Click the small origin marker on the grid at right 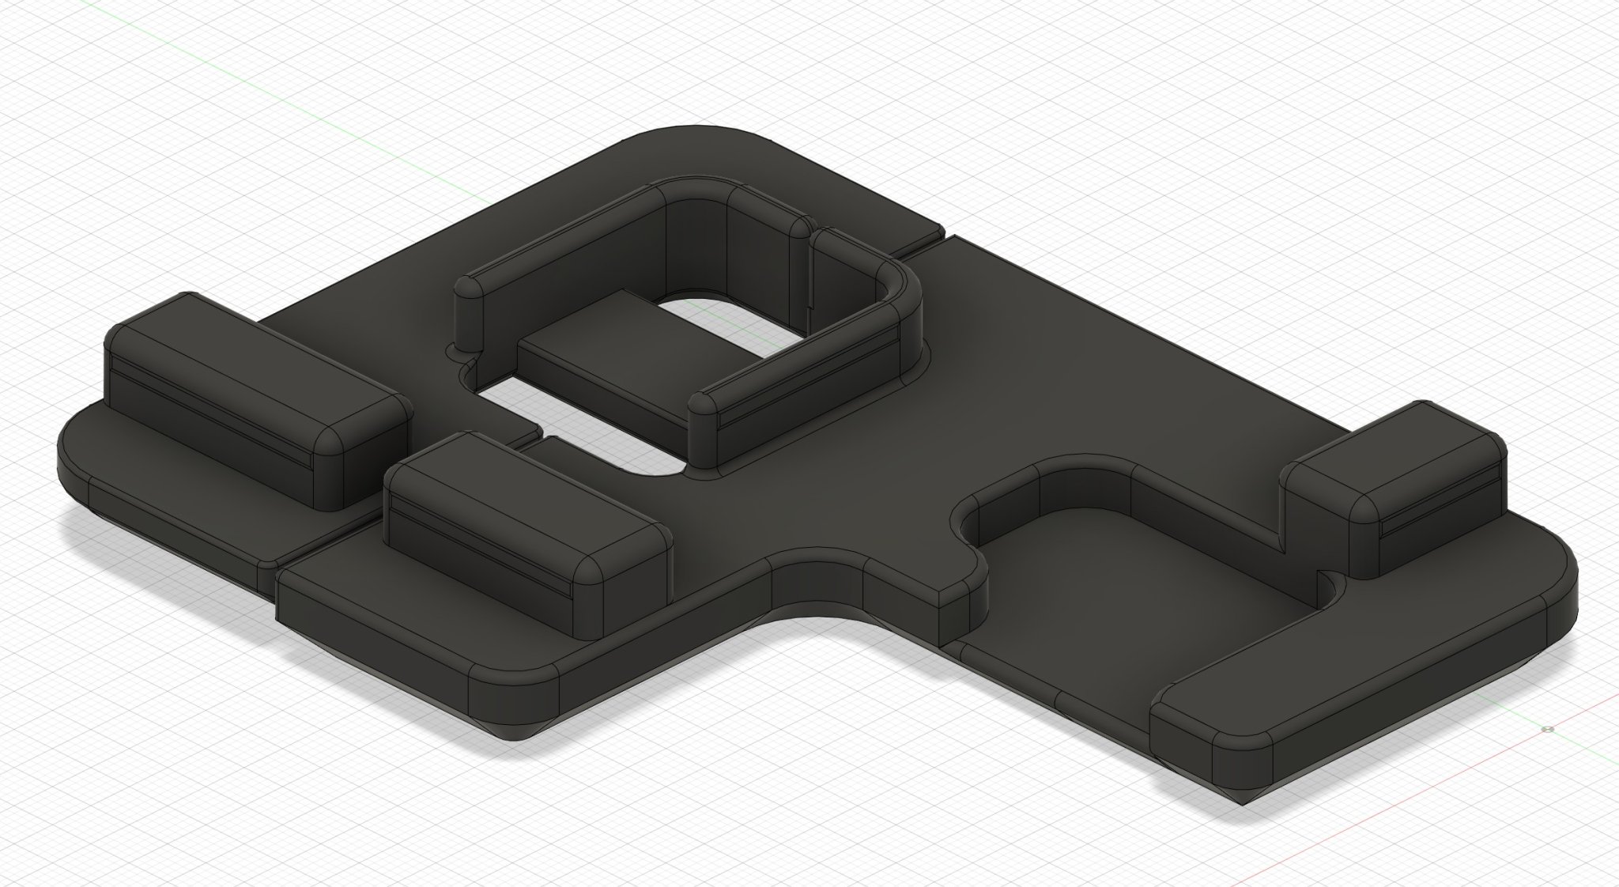tap(1547, 729)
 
